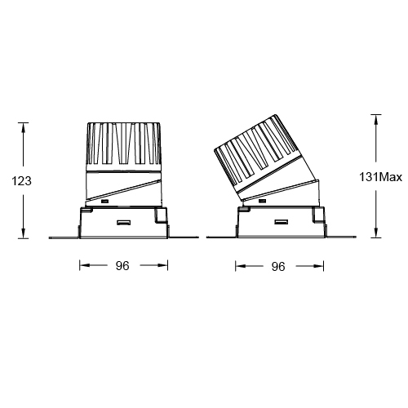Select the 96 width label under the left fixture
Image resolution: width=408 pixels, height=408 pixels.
[123, 265]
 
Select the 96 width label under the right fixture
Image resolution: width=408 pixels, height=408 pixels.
[277, 266]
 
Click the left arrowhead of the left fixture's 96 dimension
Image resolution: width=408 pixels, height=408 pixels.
[82, 265]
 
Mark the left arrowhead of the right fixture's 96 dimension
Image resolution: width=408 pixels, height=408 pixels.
[238, 266]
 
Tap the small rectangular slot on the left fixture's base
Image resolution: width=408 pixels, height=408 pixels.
[124, 222]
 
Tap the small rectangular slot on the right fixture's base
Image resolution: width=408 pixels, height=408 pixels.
[280, 222]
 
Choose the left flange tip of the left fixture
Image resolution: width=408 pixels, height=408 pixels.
[51, 237]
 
